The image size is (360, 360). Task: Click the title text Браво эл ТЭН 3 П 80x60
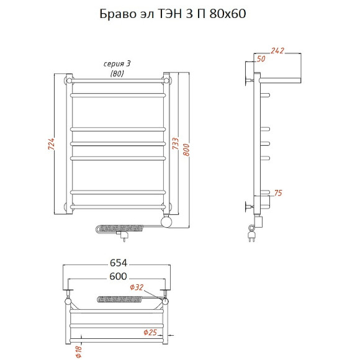click(173, 14)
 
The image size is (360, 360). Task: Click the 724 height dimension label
click(52, 144)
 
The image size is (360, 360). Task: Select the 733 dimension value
click(176, 143)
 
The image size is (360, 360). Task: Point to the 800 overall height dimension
click(186, 150)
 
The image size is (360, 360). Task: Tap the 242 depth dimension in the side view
click(277, 50)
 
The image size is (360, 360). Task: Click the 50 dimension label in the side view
click(261, 59)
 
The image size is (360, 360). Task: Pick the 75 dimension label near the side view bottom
click(278, 193)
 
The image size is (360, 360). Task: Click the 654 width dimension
click(119, 263)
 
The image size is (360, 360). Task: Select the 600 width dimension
click(118, 276)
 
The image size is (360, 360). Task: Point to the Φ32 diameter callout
click(137, 287)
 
